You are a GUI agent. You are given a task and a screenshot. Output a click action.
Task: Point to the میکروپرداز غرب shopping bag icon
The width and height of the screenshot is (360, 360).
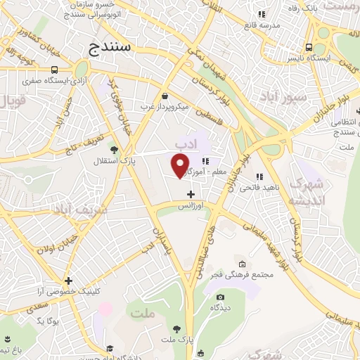(x=164, y=96)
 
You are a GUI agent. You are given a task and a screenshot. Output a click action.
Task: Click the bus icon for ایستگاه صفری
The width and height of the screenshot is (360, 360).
(x=55, y=70)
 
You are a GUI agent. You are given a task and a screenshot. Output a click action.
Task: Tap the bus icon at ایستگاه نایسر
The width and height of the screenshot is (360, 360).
(x=309, y=48)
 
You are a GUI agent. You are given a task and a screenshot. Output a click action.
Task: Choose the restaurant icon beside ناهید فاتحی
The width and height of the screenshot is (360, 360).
(x=259, y=176)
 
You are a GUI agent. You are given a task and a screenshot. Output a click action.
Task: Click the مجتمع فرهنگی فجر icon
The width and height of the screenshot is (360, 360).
(x=243, y=263)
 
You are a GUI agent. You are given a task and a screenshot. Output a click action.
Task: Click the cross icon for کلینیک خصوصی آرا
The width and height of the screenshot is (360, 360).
(x=68, y=281)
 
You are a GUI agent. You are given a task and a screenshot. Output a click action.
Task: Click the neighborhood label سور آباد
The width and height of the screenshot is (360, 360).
(x=282, y=96)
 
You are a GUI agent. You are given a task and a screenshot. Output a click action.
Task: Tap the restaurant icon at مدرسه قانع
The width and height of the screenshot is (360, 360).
(x=262, y=13)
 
